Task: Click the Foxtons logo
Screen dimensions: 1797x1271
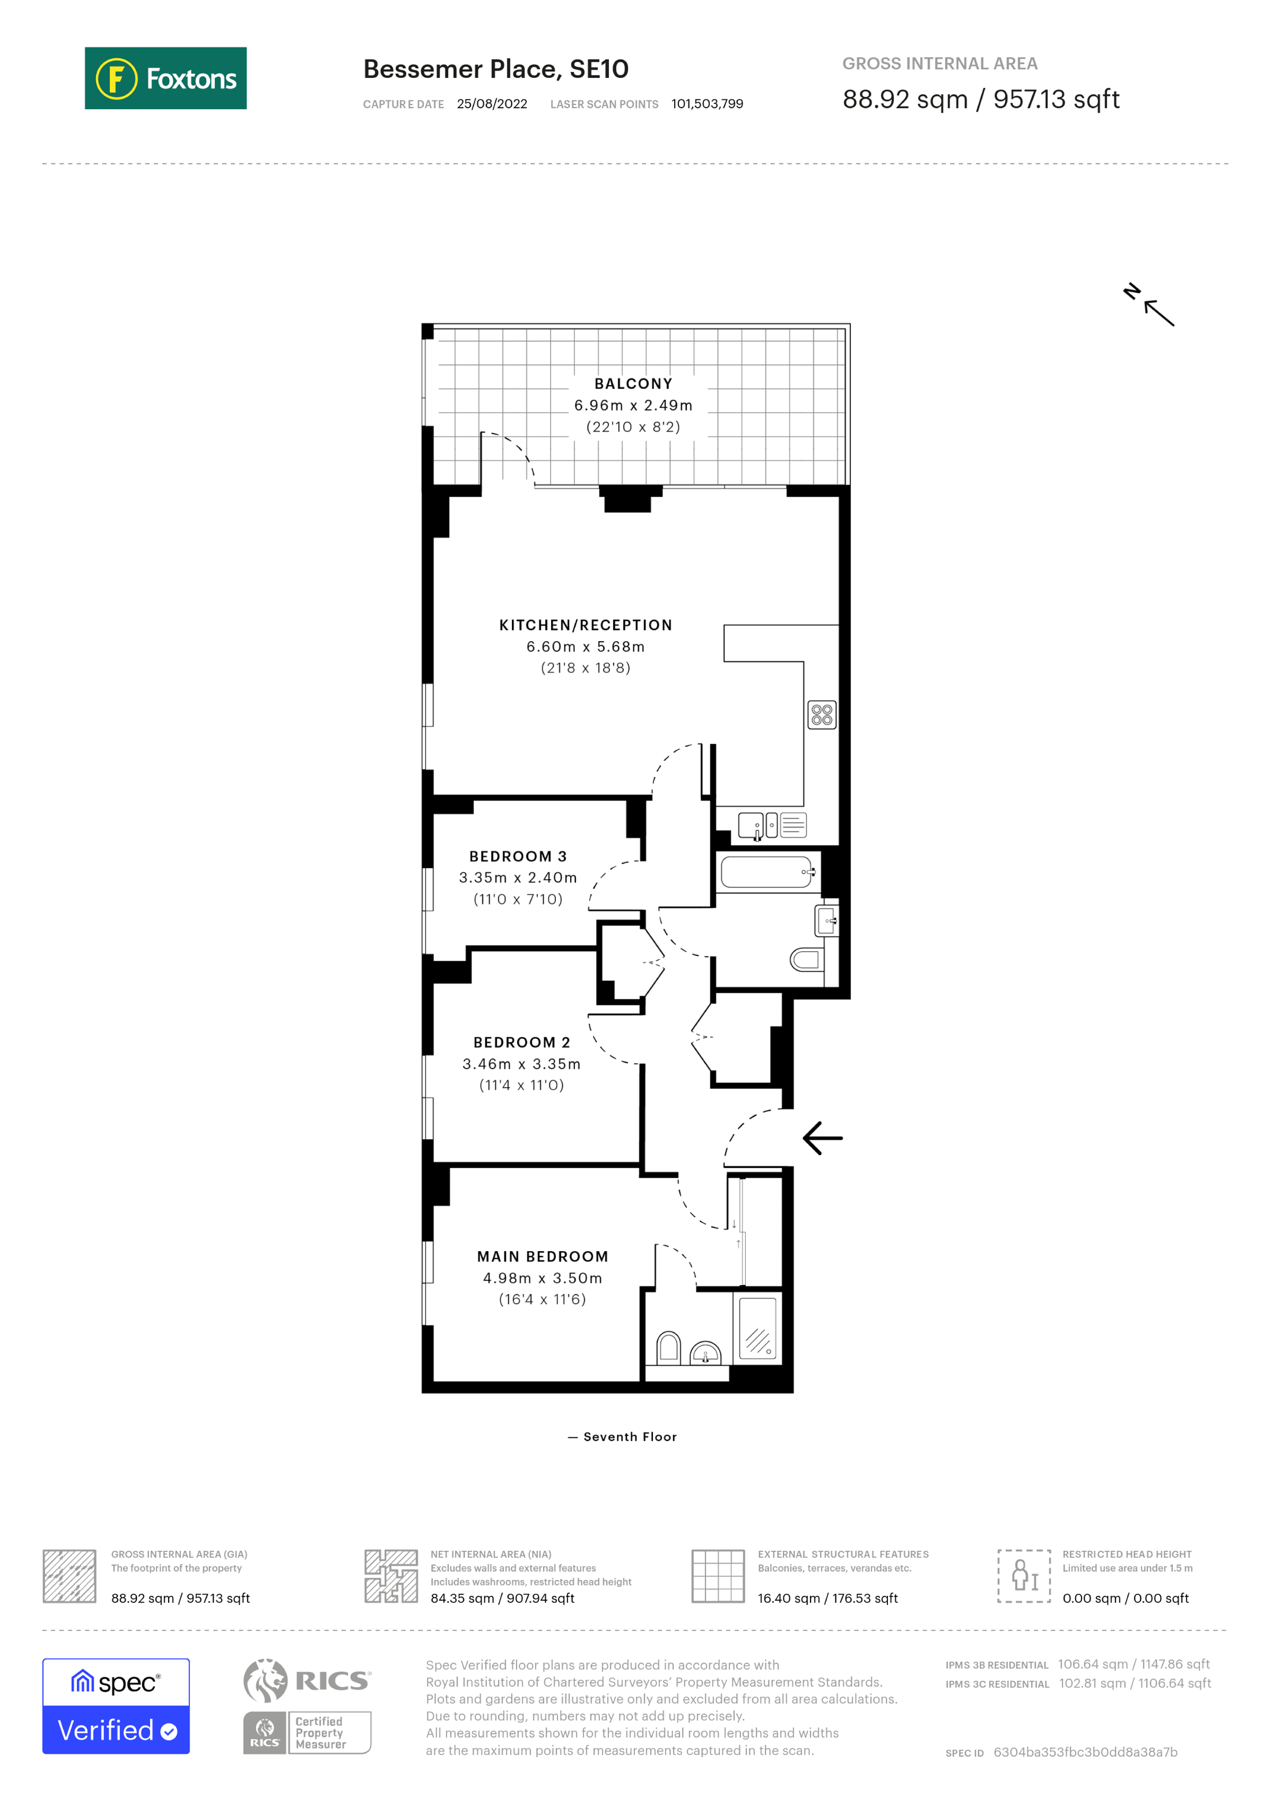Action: pos(165,78)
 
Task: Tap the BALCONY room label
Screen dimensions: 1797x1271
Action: pos(633,384)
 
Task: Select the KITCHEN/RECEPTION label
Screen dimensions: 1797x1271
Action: pos(585,624)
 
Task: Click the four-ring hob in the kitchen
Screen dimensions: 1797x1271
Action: pos(822,714)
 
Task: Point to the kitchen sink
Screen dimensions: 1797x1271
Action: pos(750,825)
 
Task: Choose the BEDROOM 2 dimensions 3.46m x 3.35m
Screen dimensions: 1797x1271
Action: pos(521,1063)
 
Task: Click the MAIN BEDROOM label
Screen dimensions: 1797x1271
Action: pos(542,1256)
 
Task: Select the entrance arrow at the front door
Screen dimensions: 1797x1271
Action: pos(823,1138)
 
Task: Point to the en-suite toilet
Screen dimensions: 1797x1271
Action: pos(668,1347)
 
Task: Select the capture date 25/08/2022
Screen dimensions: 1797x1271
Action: pos(492,104)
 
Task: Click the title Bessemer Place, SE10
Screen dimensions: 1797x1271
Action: pos(496,69)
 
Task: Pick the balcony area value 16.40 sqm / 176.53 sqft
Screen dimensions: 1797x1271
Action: pos(827,1598)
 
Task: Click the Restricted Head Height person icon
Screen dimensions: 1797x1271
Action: pos(1024,1576)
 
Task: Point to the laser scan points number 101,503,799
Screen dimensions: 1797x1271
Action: pos(707,104)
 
